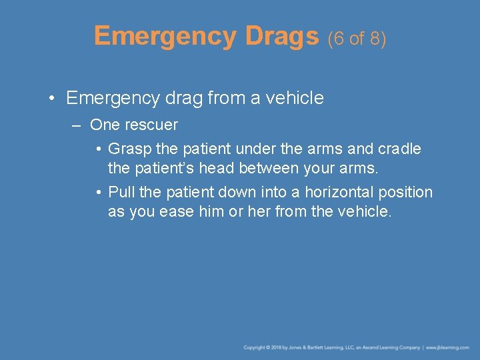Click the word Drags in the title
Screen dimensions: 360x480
click(281, 37)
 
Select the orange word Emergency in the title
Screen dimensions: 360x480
click(165, 37)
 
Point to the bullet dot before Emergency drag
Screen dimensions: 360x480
click(51, 99)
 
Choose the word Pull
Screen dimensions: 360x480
click(122, 192)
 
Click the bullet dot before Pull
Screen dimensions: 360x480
click(98, 193)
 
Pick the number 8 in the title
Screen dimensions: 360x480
click(377, 39)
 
